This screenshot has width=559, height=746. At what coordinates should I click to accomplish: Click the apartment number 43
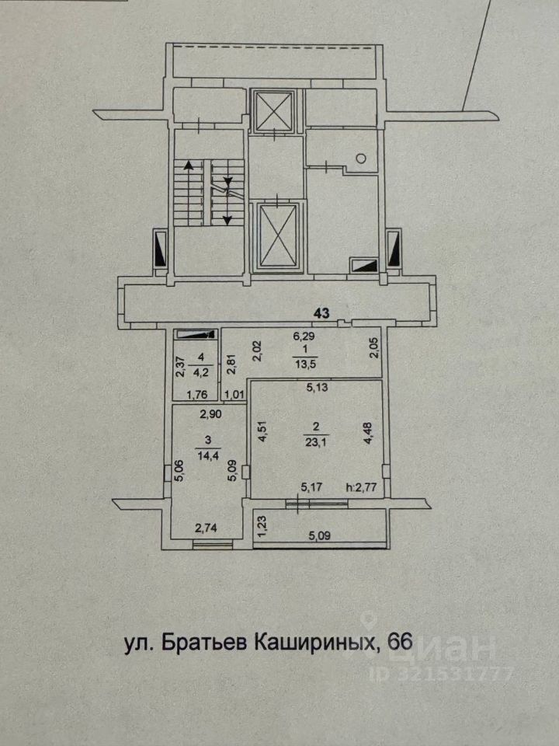pyautogui.click(x=321, y=313)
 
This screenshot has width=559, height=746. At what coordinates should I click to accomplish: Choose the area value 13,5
pyautogui.click(x=304, y=364)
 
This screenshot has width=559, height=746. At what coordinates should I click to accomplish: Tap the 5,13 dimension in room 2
pyautogui.click(x=317, y=388)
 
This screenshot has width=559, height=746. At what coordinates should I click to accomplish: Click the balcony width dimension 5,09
pyautogui.click(x=320, y=536)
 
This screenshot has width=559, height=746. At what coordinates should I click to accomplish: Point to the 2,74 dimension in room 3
pyautogui.click(x=206, y=528)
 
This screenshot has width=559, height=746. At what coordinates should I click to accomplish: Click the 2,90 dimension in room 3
pyautogui.click(x=210, y=414)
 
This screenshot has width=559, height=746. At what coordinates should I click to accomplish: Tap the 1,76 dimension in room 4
pyautogui.click(x=195, y=395)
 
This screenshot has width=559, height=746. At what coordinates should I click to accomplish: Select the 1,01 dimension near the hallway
pyautogui.click(x=234, y=395)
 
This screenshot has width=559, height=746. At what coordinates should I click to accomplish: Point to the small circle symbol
pyautogui.click(x=362, y=159)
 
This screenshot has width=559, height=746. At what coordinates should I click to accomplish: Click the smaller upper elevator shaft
pyautogui.click(x=274, y=110)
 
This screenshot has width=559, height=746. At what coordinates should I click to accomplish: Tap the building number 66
pyautogui.click(x=400, y=643)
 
